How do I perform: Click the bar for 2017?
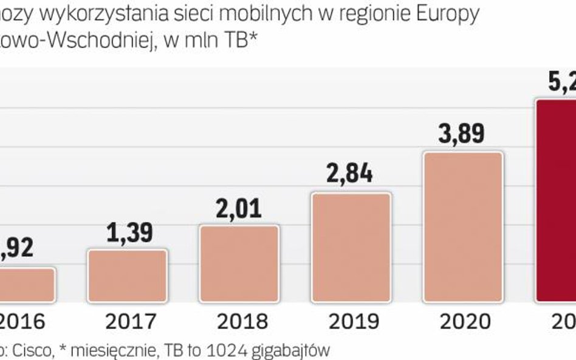(x=127, y=276)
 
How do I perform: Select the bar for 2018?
(x=239, y=263)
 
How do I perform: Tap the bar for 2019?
(x=351, y=248)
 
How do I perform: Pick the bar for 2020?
(x=463, y=227)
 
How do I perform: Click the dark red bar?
(x=557, y=200)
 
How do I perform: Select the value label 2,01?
(x=239, y=209)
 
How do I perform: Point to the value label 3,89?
(x=462, y=133)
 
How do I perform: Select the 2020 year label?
(x=465, y=321)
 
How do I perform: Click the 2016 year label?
(x=22, y=321)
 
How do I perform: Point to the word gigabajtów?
(x=292, y=350)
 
